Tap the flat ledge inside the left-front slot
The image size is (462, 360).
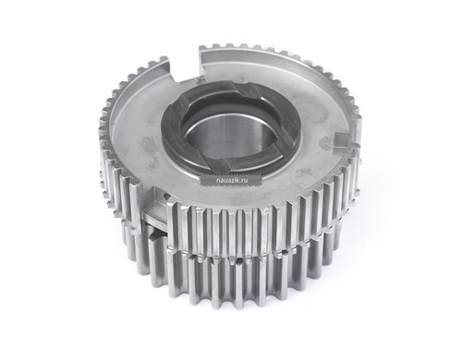point(154,218)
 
